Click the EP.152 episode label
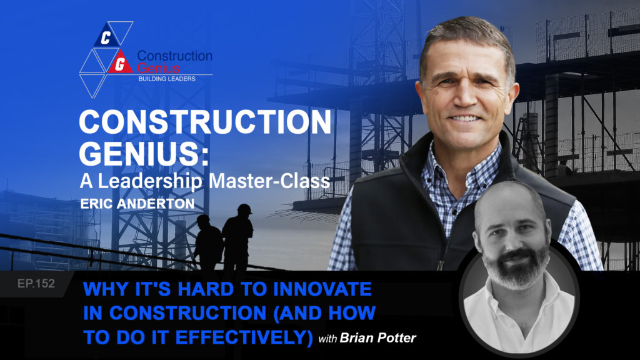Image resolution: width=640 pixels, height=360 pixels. click(36, 283)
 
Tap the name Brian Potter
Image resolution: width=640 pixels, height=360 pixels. click(377, 338)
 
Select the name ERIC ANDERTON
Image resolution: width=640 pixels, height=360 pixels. click(137, 204)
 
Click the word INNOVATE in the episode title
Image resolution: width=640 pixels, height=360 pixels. click(322, 289)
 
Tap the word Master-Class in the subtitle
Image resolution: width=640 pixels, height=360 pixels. click(269, 181)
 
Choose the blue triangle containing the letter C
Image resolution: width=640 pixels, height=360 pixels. click(106, 35)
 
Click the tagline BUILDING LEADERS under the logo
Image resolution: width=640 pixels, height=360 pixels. click(167, 79)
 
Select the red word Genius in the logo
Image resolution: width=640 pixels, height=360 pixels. click(158, 67)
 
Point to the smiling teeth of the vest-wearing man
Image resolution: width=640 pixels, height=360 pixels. click(464, 118)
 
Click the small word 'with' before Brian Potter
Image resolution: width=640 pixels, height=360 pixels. click(327, 339)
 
